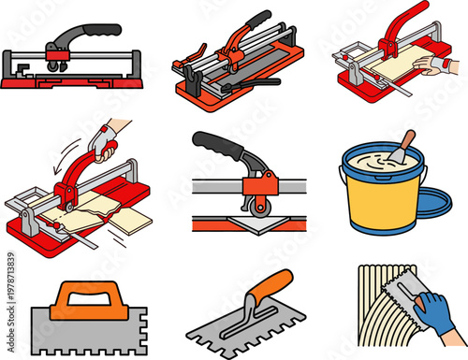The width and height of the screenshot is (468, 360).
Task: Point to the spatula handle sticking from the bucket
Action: (408, 142)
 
